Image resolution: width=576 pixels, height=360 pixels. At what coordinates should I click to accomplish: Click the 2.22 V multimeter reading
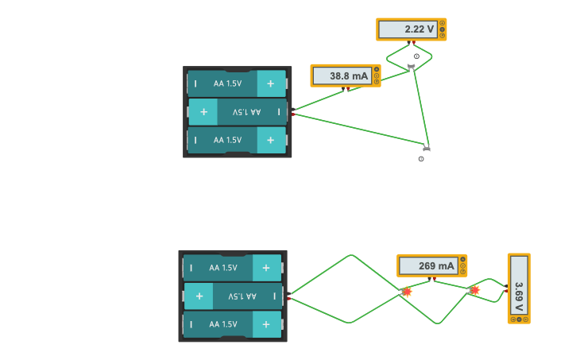point(408,29)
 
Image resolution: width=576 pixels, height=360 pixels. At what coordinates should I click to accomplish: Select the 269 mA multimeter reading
point(427,265)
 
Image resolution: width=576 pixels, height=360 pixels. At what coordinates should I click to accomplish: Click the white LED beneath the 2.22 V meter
point(412,61)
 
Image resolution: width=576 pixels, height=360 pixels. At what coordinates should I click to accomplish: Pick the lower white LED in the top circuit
point(426,153)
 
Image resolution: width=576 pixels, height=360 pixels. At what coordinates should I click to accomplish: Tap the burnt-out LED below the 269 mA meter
point(407,292)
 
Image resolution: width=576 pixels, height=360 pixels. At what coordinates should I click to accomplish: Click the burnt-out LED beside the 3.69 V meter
point(475,291)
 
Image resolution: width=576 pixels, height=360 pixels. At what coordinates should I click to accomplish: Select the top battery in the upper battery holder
point(237,83)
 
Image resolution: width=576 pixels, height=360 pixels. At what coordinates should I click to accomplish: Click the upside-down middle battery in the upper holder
point(237,112)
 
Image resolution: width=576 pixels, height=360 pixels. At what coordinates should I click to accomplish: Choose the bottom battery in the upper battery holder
point(237,140)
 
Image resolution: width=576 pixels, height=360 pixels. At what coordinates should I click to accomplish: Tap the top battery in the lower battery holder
point(233,268)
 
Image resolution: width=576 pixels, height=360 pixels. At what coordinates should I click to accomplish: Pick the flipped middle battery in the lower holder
point(233,296)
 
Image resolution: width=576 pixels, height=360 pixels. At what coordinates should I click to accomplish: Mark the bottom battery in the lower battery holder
point(233,324)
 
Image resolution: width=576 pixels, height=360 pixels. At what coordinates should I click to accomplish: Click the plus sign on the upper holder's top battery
point(271,83)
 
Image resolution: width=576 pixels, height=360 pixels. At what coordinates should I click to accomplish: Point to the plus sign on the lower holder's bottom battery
point(266,324)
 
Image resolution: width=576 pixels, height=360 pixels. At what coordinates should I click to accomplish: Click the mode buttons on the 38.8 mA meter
point(377,75)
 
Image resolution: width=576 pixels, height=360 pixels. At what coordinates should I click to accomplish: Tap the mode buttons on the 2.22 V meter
point(443,29)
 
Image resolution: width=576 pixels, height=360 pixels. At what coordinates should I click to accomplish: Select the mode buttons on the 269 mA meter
point(463,265)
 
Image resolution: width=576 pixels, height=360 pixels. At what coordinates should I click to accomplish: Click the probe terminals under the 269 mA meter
point(433,279)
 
